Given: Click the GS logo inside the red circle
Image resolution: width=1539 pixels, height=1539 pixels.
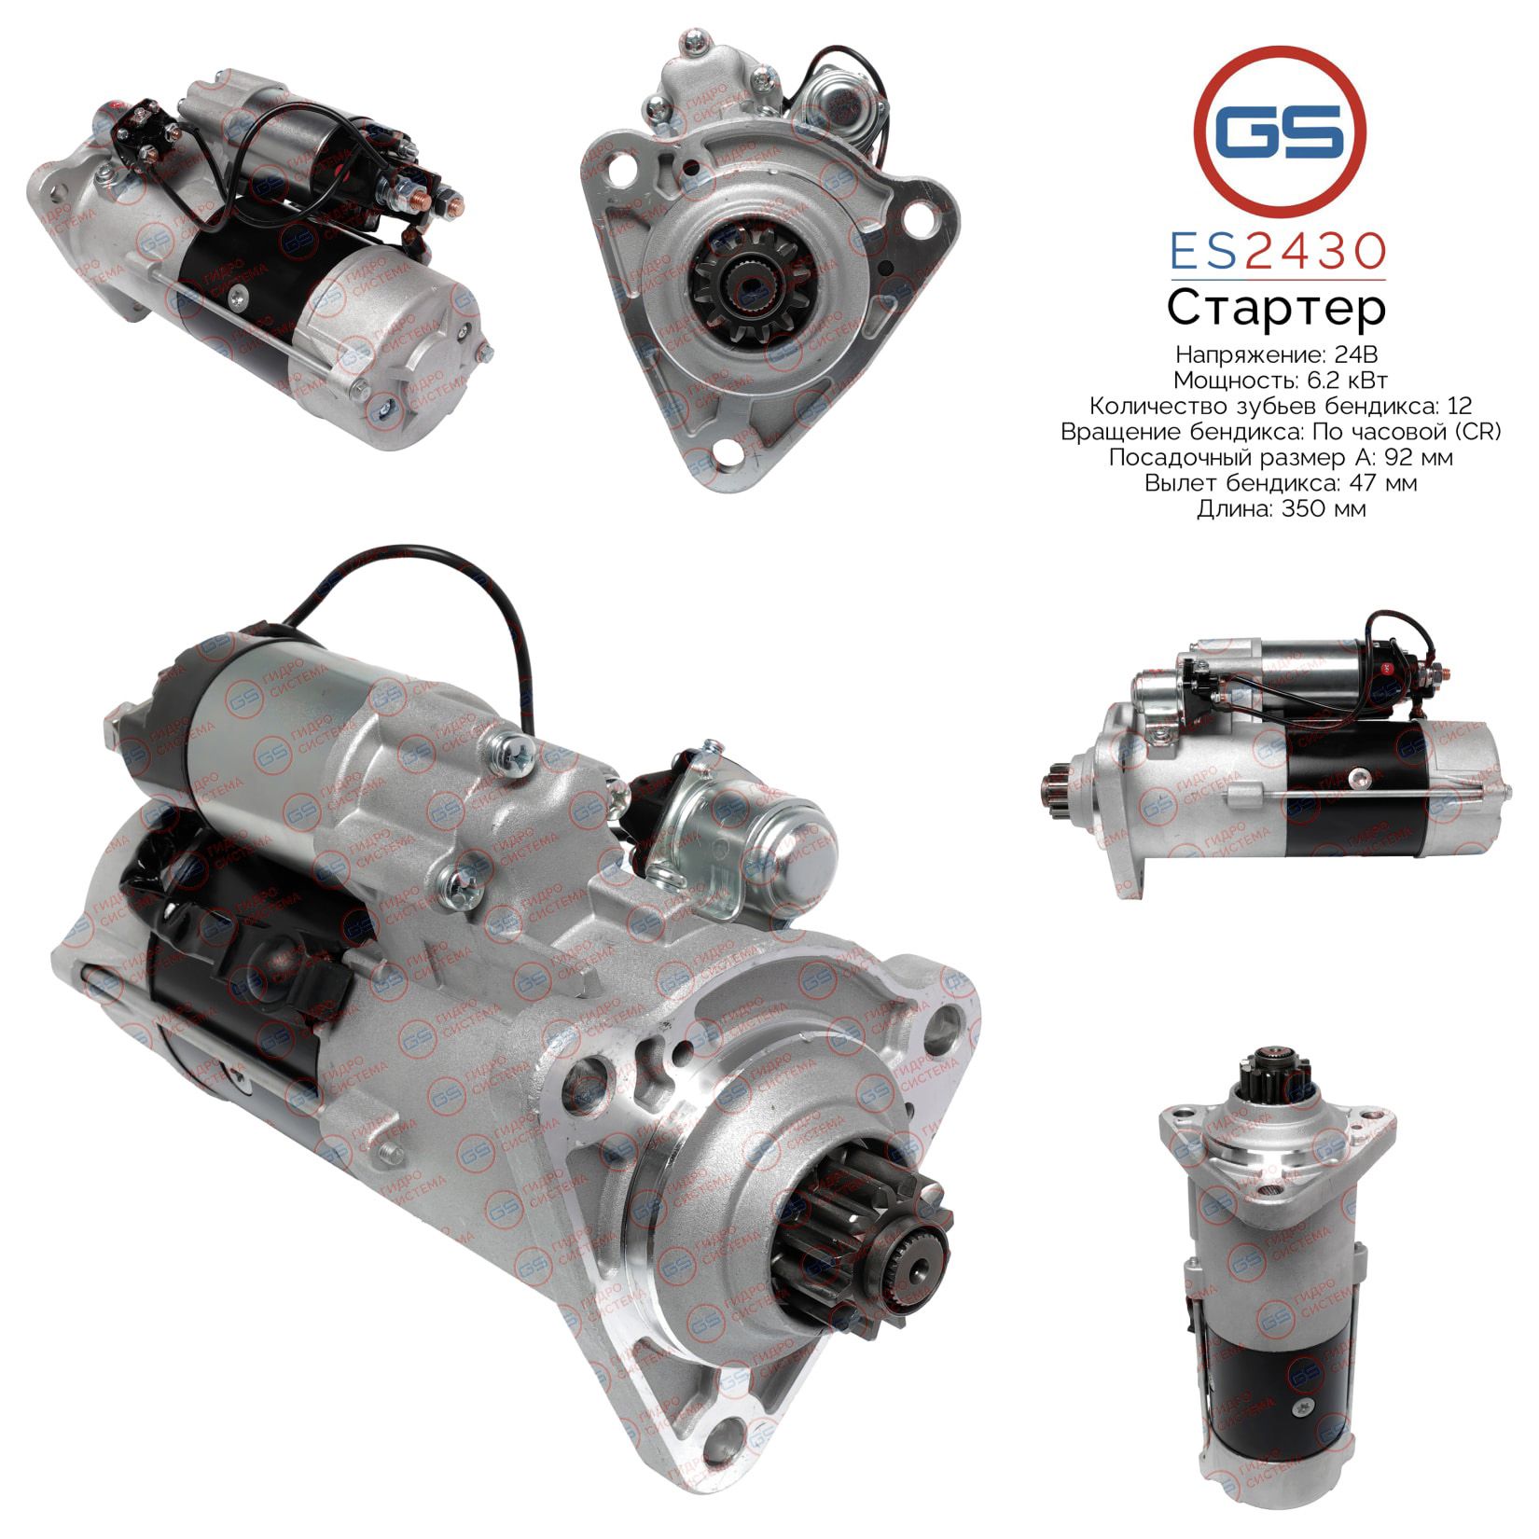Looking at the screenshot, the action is [1280, 132].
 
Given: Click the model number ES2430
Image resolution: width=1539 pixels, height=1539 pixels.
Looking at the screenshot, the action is [1279, 251].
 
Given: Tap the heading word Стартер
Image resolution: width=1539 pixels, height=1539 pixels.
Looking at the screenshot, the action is [1277, 310].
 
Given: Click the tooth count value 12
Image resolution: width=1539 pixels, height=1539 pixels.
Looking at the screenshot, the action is [1462, 406].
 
